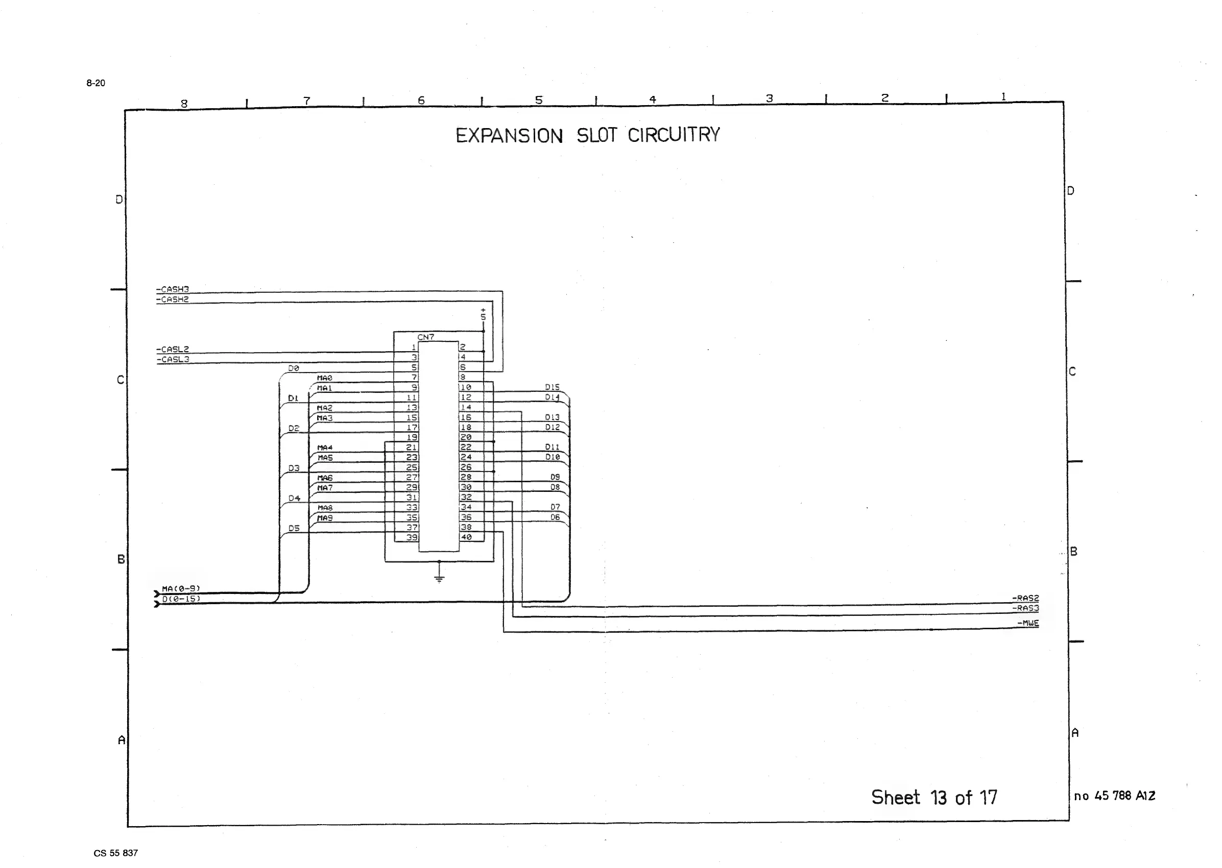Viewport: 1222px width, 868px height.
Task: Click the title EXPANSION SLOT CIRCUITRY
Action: coord(587,135)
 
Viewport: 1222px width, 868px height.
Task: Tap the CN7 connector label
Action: coord(426,337)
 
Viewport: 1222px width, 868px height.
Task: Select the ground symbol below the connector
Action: coord(439,578)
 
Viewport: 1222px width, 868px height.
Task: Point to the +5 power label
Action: coord(483,314)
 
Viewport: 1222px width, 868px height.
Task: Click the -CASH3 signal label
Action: coord(172,289)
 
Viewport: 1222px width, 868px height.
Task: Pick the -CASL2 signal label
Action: coord(173,349)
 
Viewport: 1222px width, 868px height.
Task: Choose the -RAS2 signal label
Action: coord(1025,598)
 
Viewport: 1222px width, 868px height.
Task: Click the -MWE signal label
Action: coord(1028,623)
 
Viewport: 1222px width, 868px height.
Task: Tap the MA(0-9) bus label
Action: coord(181,588)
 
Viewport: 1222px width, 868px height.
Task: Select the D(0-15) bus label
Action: coord(181,599)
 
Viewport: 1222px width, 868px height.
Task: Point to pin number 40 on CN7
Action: coord(466,537)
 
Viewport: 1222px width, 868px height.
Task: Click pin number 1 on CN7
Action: coord(414,348)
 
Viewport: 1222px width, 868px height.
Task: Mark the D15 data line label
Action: coord(552,387)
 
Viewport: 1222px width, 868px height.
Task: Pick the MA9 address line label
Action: coord(325,518)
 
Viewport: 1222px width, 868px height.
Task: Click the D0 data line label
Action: coord(294,368)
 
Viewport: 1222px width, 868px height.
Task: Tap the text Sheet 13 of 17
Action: coord(934,798)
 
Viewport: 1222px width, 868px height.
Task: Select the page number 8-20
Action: coord(95,83)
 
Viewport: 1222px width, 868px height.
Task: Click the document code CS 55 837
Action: coord(115,853)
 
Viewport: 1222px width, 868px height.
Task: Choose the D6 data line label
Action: coord(555,517)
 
